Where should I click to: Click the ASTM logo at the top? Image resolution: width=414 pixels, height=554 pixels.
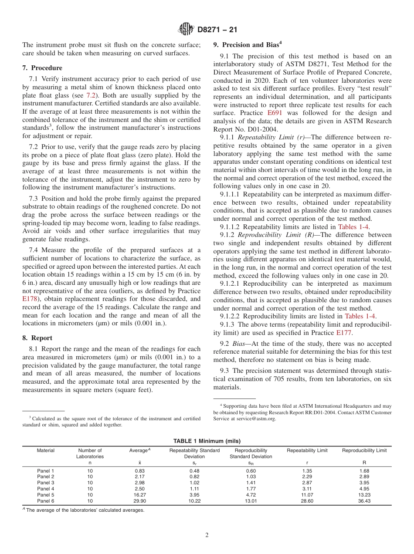(187, 30)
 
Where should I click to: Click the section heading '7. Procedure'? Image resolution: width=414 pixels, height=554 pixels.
(42, 68)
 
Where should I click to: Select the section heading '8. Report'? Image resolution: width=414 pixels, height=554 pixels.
(37, 338)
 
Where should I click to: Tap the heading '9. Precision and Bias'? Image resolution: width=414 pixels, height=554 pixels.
(246, 45)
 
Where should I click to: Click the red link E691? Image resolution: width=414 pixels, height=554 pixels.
(275, 113)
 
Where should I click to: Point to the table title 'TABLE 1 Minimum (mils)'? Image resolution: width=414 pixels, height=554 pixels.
(207, 441)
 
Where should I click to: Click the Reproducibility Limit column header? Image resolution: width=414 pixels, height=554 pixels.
(364, 450)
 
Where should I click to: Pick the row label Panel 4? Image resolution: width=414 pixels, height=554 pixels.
(46, 489)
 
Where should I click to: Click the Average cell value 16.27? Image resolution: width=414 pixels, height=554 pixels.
(140, 495)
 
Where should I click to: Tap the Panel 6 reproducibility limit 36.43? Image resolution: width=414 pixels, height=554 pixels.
(364, 501)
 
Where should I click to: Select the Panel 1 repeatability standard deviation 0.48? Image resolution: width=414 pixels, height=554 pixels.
(194, 471)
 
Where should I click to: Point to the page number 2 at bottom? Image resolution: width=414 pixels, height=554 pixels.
(207, 535)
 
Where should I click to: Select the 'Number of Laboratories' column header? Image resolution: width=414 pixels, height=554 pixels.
(90, 453)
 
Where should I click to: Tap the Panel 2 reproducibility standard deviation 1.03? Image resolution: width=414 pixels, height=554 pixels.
(251, 477)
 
